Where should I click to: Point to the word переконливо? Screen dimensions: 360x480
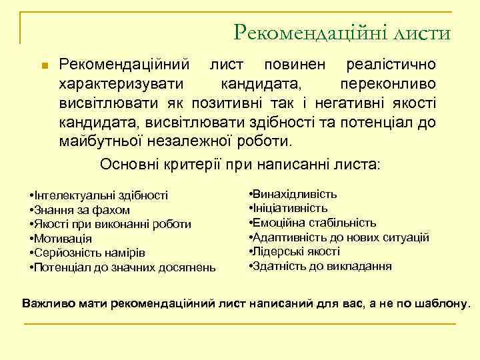pos(388,85)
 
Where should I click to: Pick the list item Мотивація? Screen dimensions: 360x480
pos(63,239)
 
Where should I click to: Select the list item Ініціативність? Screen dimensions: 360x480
pos(289,208)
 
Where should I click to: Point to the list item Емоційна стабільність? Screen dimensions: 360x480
pos(313,223)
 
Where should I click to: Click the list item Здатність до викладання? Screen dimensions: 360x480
pos(321,266)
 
